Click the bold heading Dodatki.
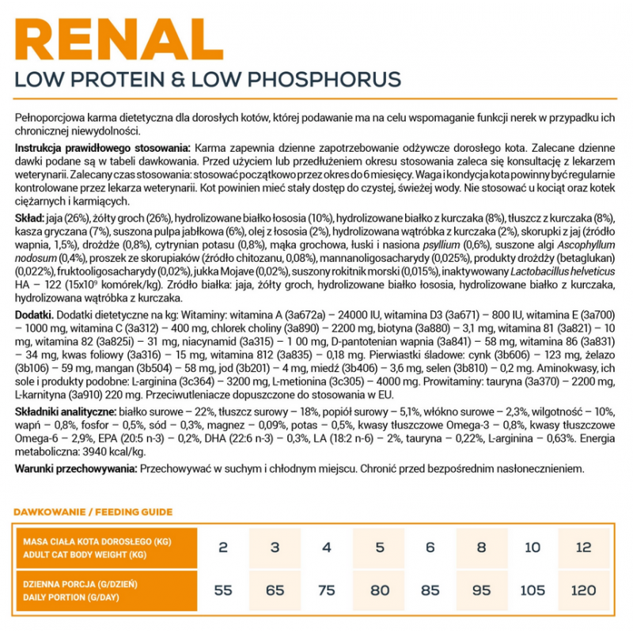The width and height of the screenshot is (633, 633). pyautogui.click(x=34, y=315)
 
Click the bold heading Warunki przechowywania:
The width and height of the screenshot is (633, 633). pyautogui.click(x=76, y=468)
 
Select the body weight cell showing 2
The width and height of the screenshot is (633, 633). pyautogui.click(x=223, y=548)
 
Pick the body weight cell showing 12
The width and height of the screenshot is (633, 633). pyautogui.click(x=584, y=548)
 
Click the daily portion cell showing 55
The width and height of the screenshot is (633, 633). pyautogui.click(x=223, y=591)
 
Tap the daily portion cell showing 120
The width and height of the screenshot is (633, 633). pyautogui.click(x=584, y=591)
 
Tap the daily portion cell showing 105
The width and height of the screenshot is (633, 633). pyautogui.click(x=533, y=591)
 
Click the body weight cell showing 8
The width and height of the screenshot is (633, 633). pyautogui.click(x=481, y=548)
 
